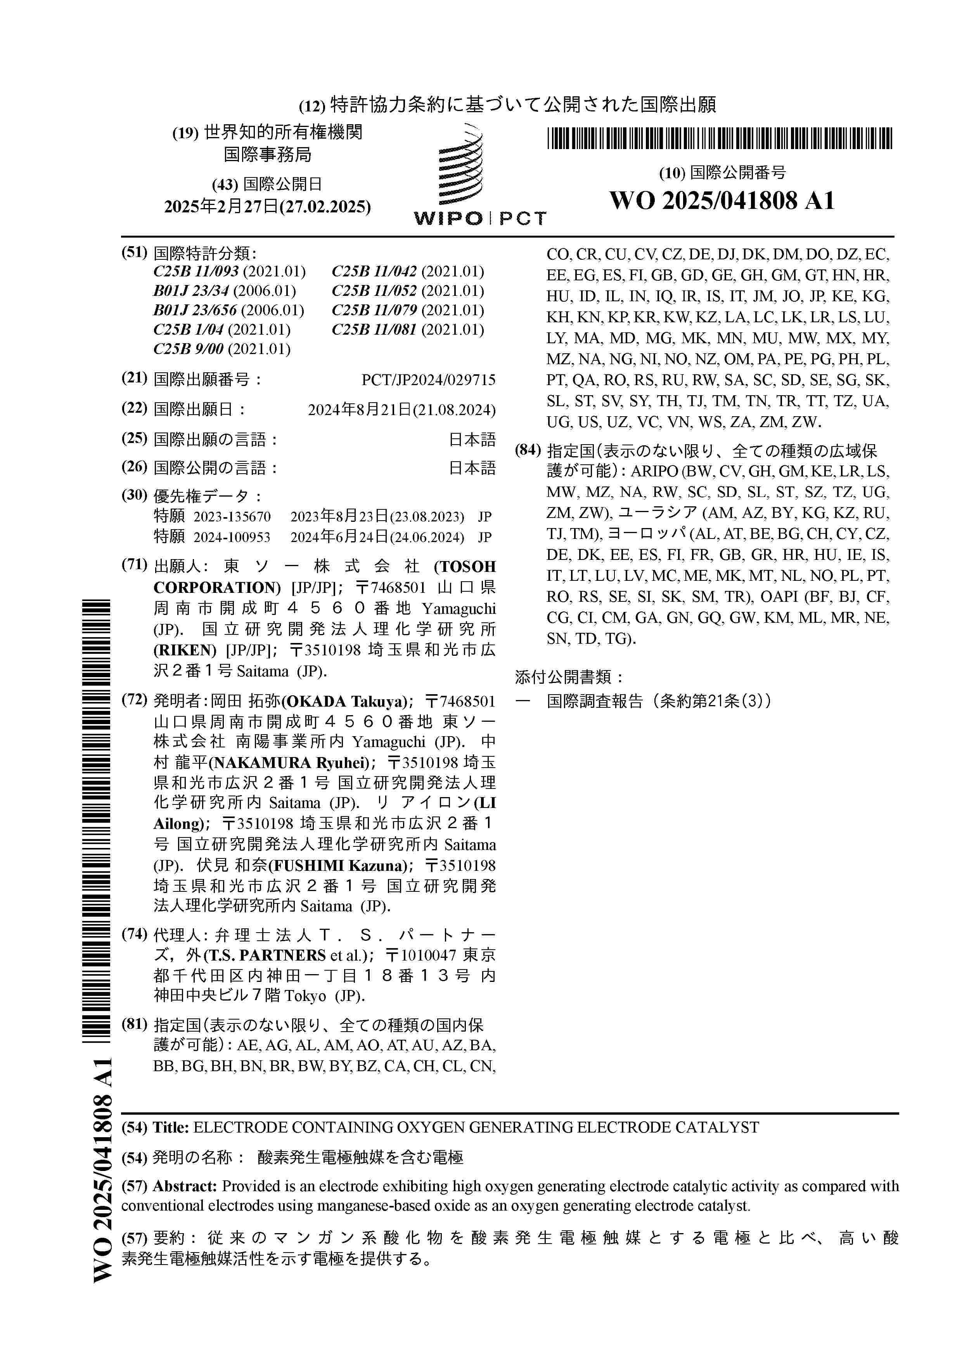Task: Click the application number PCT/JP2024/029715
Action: (428, 380)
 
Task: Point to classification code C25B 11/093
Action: (196, 272)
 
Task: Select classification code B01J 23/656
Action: (195, 310)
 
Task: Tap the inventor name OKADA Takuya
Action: (346, 702)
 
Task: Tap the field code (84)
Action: (528, 450)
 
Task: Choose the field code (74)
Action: (134, 934)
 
